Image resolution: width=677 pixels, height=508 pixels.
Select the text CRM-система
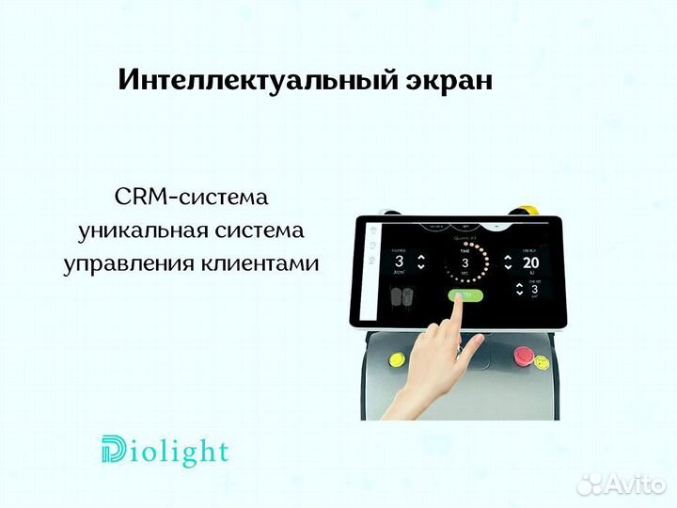coord(191,198)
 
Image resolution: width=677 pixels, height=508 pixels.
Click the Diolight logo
coord(164,452)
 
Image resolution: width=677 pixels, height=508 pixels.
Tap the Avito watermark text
coord(632,484)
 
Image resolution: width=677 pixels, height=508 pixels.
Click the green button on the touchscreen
coord(464,295)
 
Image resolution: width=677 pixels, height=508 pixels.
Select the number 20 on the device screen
coord(530,262)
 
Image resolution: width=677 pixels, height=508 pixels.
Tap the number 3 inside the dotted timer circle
coord(464,263)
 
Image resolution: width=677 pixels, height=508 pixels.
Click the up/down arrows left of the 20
coord(509,262)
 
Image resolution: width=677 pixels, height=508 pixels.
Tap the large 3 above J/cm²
coord(399,262)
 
